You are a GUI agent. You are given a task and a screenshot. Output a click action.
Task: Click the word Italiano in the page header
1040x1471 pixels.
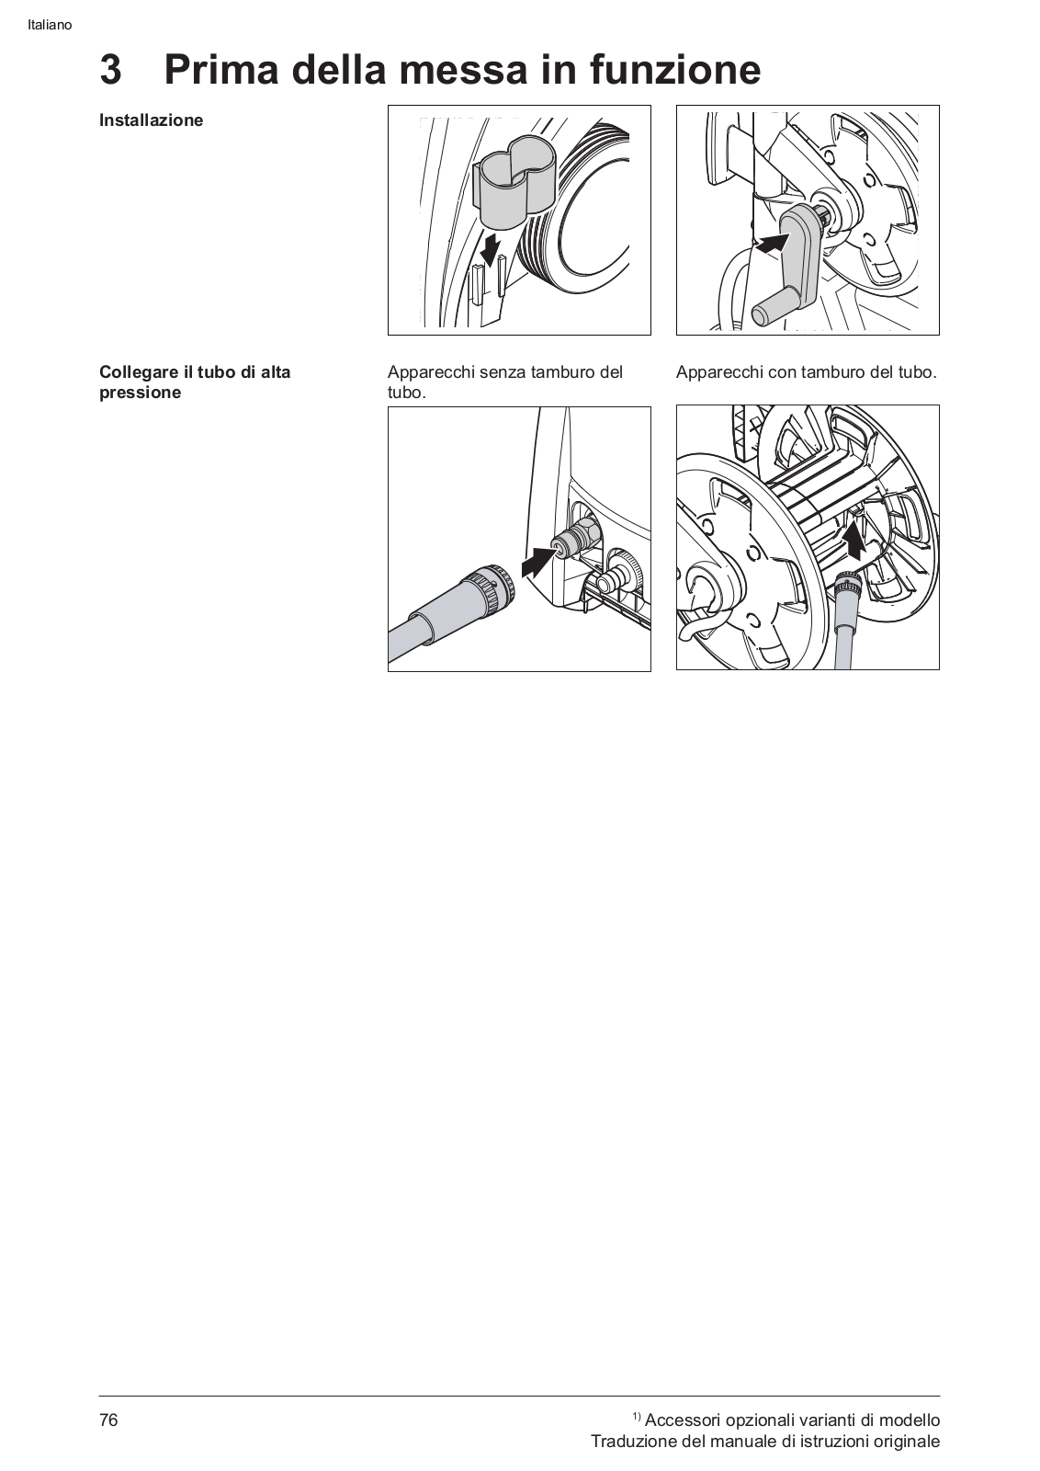[50, 26]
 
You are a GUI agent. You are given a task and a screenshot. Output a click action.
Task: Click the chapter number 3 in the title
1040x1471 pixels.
[111, 70]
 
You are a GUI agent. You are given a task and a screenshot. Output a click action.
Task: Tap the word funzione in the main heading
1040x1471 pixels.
[675, 70]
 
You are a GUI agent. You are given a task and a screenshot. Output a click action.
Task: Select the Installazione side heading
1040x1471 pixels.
[151, 120]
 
